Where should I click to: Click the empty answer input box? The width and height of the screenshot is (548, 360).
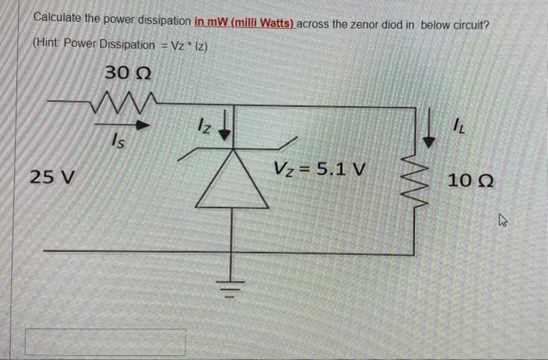pyautogui.click(x=106, y=342)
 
